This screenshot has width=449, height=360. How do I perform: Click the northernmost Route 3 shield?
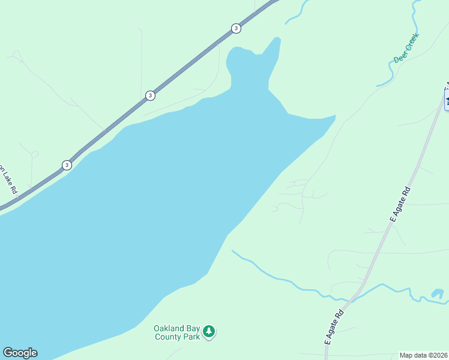click(x=236, y=28)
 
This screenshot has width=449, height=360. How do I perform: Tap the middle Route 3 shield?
click(x=150, y=95)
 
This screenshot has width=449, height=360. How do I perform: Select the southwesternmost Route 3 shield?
click(x=66, y=165)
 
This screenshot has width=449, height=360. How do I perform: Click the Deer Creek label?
click(x=406, y=48)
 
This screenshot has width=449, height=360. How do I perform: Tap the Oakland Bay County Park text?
click(x=176, y=332)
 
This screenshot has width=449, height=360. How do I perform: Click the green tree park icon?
click(x=209, y=331)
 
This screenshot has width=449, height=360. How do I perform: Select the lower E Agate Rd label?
click(x=334, y=326)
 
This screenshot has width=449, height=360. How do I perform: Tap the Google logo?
click(x=20, y=353)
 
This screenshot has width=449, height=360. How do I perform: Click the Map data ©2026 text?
click(x=424, y=355)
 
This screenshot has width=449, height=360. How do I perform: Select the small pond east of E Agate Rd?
click(x=437, y=294)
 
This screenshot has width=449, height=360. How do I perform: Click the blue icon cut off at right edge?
click(x=447, y=99)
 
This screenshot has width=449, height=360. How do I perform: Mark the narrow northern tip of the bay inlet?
click(x=277, y=40)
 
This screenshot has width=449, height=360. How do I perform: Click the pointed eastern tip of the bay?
click(x=334, y=116)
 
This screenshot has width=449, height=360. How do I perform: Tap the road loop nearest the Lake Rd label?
click(x=34, y=154)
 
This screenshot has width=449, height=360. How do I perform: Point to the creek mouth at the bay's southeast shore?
click(x=233, y=251)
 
